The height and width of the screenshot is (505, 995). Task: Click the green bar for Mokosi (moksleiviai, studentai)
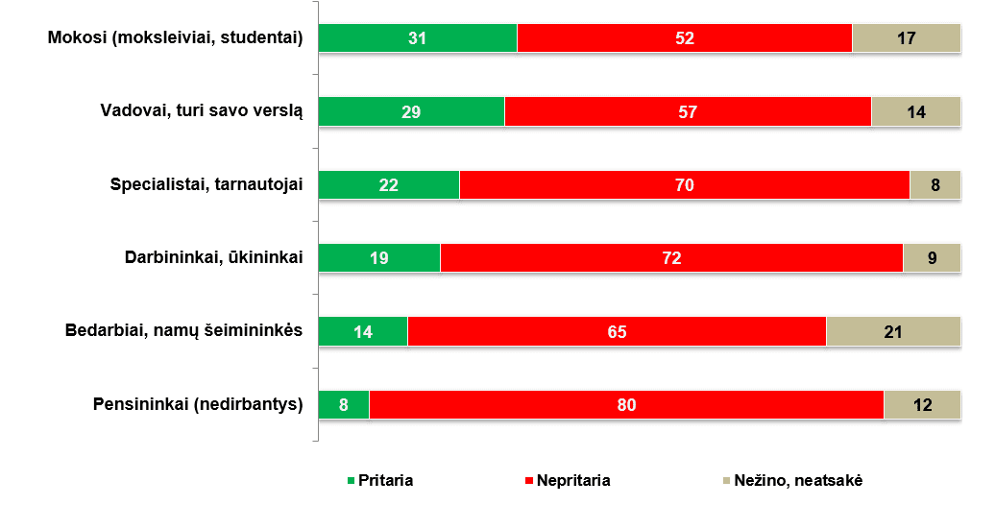[417, 38]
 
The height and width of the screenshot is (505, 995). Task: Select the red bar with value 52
[684, 38]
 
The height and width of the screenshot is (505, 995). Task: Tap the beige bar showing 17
[906, 38]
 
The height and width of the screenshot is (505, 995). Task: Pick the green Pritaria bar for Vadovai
[411, 111]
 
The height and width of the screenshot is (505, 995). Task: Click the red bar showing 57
[688, 111]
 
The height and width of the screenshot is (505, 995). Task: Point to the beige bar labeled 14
[915, 111]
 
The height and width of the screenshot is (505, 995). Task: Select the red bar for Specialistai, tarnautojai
[684, 184]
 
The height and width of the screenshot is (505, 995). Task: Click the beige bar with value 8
[934, 184]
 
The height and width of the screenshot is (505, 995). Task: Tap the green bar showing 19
[378, 258]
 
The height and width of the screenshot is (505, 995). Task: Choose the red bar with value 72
[671, 258]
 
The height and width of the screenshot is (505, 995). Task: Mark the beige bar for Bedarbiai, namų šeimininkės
[893, 331]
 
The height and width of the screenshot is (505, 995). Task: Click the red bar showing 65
[617, 331]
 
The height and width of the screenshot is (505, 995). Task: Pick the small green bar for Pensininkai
[343, 404]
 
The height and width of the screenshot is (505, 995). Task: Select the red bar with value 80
[626, 404]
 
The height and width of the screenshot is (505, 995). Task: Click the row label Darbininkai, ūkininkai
[214, 258]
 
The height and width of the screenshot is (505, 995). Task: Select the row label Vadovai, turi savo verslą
[202, 111]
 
